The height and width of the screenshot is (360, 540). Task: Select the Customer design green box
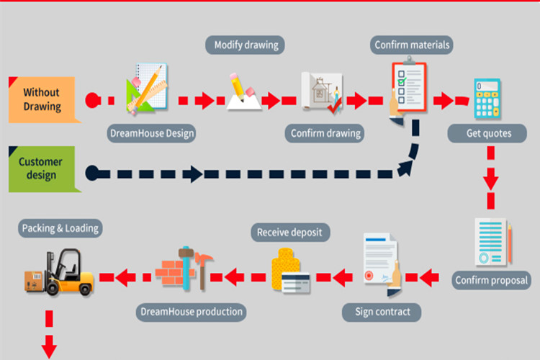click(x=42, y=168)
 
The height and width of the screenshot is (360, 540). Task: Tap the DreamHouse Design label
click(x=152, y=132)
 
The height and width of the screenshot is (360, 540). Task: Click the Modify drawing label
click(x=245, y=45)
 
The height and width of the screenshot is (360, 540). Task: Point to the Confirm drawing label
click(x=325, y=133)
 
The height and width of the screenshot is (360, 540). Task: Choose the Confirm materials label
click(x=412, y=45)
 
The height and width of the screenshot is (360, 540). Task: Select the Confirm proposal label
click(x=492, y=279)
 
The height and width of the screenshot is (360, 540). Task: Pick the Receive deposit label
click(x=290, y=232)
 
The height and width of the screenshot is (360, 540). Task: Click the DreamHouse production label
click(x=190, y=312)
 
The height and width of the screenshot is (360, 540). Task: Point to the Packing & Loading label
click(x=60, y=229)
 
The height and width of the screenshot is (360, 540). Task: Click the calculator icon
click(x=487, y=99)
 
